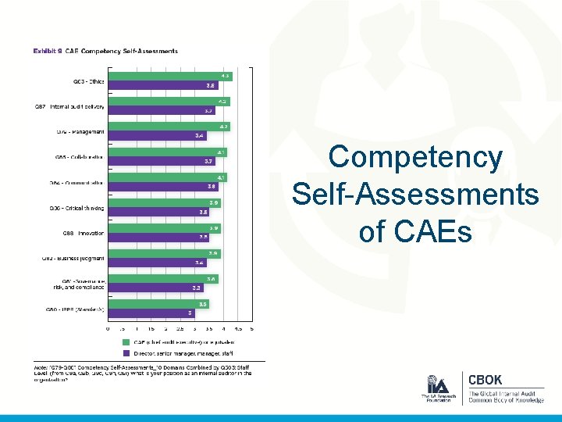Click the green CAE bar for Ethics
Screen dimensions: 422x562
[169, 76]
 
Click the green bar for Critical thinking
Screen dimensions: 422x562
[164, 203]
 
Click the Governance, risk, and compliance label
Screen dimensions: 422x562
[84, 284]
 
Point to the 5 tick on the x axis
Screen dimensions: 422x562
[251, 329]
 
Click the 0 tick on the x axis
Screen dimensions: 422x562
[108, 329]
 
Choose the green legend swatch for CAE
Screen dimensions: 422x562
[126, 342]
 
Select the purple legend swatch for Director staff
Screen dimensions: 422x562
[126, 353]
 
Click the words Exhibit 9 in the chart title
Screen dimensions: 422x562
[47, 52]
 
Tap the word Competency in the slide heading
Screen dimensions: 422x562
[415, 157]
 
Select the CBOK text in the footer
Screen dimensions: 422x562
[485, 380]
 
